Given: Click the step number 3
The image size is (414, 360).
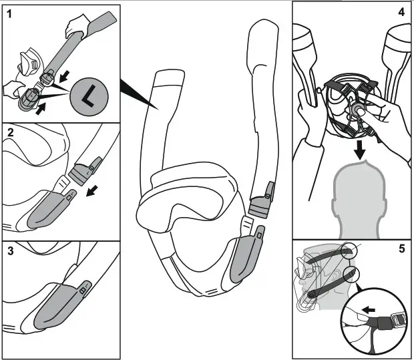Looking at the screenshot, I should click(9, 252).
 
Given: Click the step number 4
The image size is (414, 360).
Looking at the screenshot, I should click(401, 13).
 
